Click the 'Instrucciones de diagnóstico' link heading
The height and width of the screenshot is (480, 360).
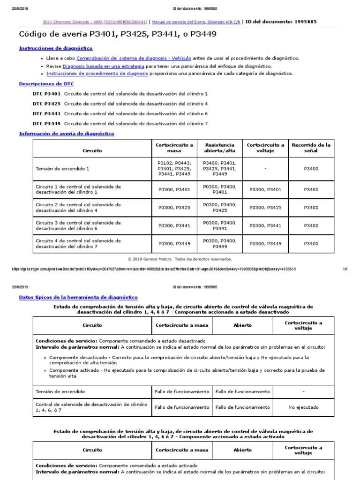[x=55, y=48]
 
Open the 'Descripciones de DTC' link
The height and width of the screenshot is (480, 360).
[x=46, y=84]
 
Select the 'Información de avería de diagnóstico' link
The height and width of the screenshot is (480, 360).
[x=66, y=134]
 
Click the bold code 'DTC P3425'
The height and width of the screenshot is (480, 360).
[x=46, y=104]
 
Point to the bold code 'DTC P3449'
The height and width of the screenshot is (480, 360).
[x=46, y=123]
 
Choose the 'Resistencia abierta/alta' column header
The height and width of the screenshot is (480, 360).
[x=220, y=148]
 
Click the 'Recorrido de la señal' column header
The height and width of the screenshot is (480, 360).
[x=311, y=148]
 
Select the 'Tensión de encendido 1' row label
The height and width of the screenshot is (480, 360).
[x=62, y=168]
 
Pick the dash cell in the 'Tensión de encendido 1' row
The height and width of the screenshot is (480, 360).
[x=265, y=168]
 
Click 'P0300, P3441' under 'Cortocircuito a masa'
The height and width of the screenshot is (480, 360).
[x=174, y=225]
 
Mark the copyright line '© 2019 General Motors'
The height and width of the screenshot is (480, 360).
[x=180, y=259]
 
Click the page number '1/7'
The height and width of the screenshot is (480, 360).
[x=345, y=269]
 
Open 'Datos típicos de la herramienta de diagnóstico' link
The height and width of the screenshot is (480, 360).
[x=78, y=297]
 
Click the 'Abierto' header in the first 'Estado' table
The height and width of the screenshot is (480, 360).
[x=242, y=325]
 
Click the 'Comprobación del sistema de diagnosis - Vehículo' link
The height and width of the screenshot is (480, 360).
[x=133, y=59]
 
